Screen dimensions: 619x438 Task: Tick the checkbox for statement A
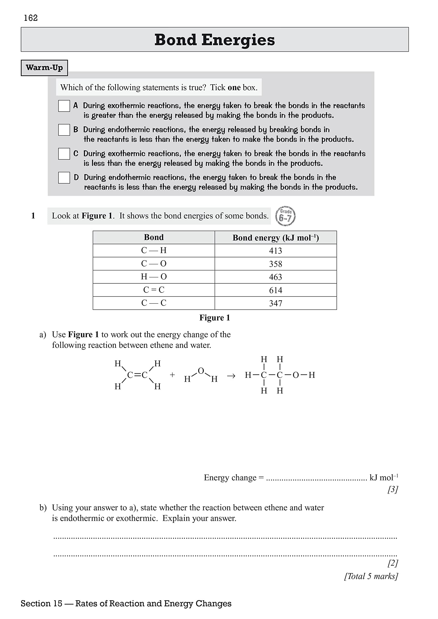pyautogui.click(x=64, y=106)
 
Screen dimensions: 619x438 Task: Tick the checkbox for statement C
pyautogui.click(x=64, y=154)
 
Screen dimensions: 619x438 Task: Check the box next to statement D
pyautogui.click(x=64, y=178)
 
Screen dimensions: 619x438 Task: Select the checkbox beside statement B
pyautogui.click(x=64, y=130)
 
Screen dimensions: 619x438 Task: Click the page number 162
pyautogui.click(x=31, y=18)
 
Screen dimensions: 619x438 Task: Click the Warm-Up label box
pyautogui.click(x=44, y=68)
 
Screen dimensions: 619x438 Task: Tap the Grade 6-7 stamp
pyautogui.click(x=285, y=216)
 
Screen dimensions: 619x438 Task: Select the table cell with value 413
pyautogui.click(x=276, y=251)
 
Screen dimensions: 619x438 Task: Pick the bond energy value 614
pyautogui.click(x=276, y=290)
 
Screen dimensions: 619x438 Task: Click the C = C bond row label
pyautogui.click(x=154, y=290)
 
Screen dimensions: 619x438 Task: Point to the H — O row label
pyautogui.click(x=154, y=277)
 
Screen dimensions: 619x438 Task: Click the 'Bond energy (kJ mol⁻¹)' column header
pyautogui.click(x=276, y=238)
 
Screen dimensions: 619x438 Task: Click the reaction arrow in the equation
pyautogui.click(x=231, y=376)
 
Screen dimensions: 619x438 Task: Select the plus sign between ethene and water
pyautogui.click(x=172, y=375)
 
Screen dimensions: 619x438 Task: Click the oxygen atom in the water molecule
pyautogui.click(x=201, y=371)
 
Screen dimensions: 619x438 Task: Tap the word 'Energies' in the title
pyautogui.click(x=238, y=40)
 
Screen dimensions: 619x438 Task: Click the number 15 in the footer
pyautogui.click(x=58, y=603)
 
